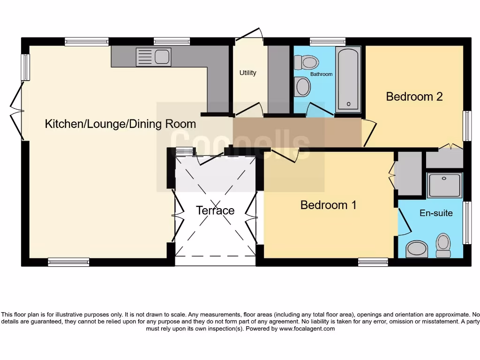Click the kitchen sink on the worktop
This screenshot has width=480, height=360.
[x=153, y=57]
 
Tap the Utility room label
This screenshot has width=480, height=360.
[x=247, y=73]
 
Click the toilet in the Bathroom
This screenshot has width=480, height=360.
[x=306, y=61]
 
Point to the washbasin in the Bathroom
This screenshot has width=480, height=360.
[x=303, y=87]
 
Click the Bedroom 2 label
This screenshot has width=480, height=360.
[x=414, y=97]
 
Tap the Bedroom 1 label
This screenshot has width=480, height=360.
[x=328, y=205]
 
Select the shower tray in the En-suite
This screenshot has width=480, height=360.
[x=445, y=185]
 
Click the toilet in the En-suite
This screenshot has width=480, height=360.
[x=443, y=245]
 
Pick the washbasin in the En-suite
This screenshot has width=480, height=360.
[x=417, y=249]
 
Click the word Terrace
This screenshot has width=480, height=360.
[x=215, y=210]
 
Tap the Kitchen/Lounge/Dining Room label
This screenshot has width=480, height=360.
[x=120, y=124]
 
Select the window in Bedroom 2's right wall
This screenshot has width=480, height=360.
[x=467, y=126]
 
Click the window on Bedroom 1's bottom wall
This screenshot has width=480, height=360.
[x=373, y=262]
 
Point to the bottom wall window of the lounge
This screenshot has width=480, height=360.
[x=68, y=262]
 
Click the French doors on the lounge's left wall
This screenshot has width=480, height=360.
[x=19, y=112]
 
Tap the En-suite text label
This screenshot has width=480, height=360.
[x=436, y=213]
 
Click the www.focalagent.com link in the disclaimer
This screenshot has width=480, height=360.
[x=307, y=329]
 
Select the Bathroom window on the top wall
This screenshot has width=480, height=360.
[x=327, y=41]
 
